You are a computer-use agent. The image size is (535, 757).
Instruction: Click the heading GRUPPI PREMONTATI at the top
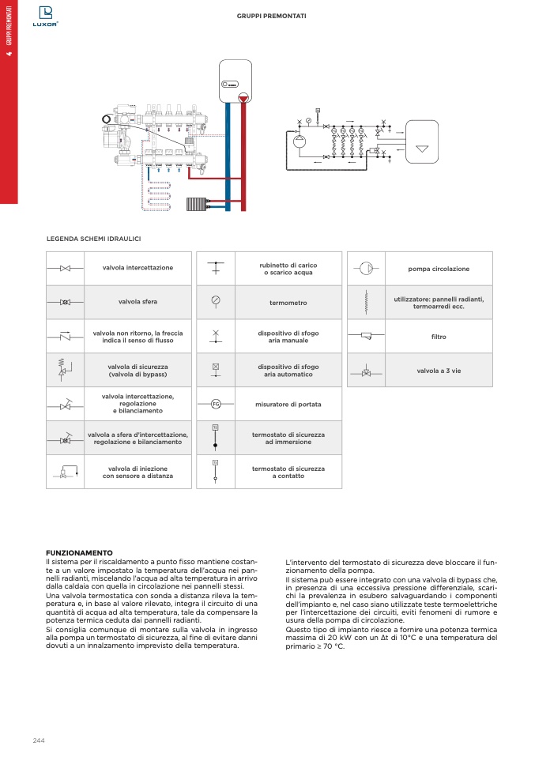click(x=272, y=16)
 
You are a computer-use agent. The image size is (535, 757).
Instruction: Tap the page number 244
click(x=39, y=739)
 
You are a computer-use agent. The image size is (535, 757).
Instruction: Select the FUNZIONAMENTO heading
click(x=80, y=552)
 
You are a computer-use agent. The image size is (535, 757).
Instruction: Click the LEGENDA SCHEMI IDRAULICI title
click(x=94, y=238)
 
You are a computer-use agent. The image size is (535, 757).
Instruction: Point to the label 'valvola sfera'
click(x=138, y=302)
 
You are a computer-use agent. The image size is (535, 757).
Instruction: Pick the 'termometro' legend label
click(x=288, y=303)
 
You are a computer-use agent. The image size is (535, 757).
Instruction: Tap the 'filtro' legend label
click(x=439, y=337)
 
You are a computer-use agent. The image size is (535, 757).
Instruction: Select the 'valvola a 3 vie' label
click(x=439, y=371)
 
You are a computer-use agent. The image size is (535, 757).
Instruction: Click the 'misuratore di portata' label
click(x=288, y=405)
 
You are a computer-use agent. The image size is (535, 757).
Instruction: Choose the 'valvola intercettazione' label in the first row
click(x=138, y=268)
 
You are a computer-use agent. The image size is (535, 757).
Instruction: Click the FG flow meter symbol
click(x=215, y=405)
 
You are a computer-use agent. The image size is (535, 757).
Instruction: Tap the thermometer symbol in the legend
click(x=215, y=302)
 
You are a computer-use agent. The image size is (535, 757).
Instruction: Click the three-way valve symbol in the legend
click(x=366, y=371)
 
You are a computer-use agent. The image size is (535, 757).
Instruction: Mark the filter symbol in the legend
click(x=366, y=337)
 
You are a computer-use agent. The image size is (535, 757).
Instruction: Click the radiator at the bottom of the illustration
click(x=197, y=204)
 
